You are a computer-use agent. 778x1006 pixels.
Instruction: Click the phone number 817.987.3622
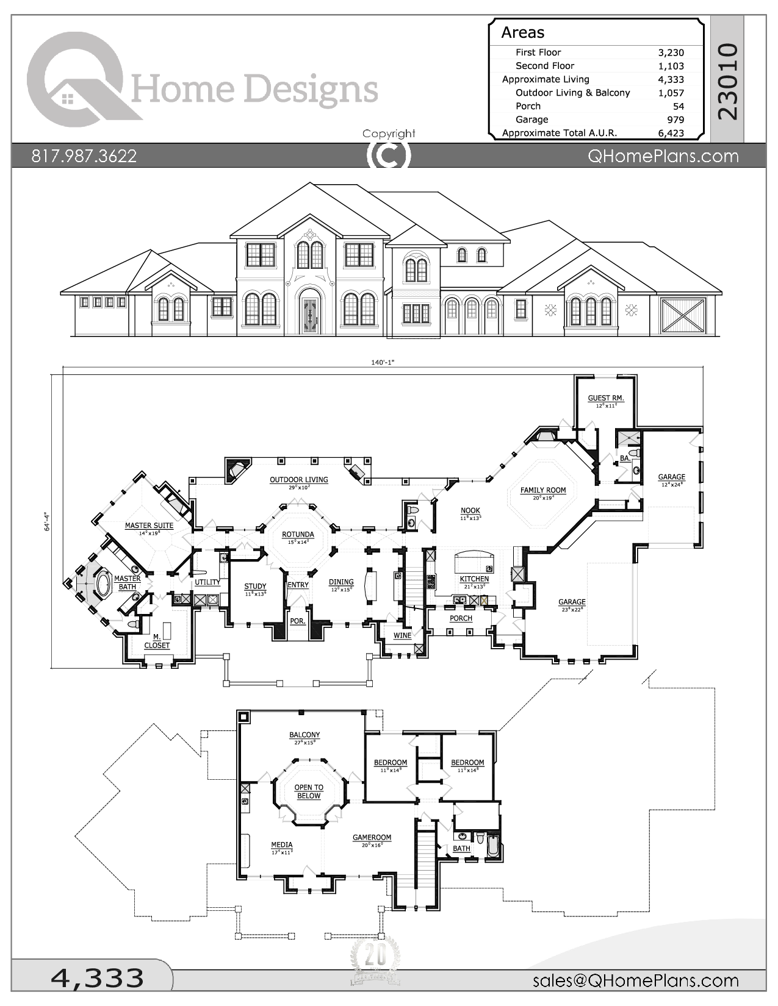click(84, 156)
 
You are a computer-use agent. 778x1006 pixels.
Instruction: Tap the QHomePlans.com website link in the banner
click(663, 156)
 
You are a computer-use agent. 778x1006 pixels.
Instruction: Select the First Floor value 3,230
click(671, 52)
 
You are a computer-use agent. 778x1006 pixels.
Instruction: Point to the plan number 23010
click(728, 81)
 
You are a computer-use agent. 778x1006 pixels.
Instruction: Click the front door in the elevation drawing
click(309, 315)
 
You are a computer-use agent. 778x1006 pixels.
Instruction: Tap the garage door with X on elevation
click(683, 315)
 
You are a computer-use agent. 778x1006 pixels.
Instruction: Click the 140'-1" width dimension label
click(383, 362)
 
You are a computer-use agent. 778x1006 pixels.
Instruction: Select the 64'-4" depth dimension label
click(46, 521)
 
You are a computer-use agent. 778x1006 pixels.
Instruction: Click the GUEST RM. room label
click(605, 398)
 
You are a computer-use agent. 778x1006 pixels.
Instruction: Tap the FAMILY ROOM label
click(542, 490)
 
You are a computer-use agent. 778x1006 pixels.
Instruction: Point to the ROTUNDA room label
click(298, 535)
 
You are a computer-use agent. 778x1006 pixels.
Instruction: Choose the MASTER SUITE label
click(149, 526)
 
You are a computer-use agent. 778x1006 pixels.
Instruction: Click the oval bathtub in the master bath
click(103, 583)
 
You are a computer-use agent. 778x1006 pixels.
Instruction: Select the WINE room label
click(402, 635)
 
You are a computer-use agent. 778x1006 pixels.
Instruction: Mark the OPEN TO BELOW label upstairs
click(309, 791)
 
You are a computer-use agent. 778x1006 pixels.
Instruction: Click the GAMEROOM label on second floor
click(372, 838)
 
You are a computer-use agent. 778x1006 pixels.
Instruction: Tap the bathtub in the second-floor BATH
click(494, 847)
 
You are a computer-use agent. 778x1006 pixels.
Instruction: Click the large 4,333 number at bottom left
click(97, 979)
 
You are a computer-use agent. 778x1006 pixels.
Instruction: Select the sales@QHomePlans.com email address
click(635, 980)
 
